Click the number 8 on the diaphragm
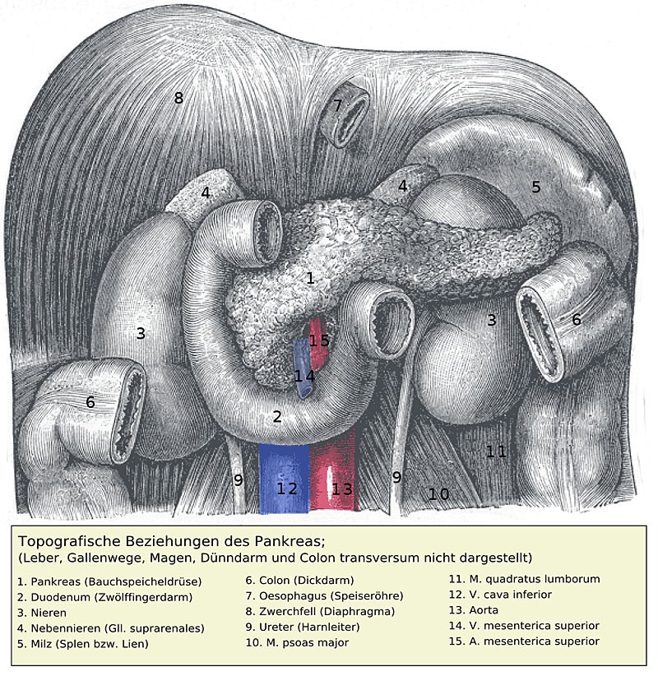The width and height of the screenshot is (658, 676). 178,98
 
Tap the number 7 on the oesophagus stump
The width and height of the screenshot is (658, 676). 337,105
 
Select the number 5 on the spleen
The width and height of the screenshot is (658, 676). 536,187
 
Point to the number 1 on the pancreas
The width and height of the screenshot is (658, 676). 310,278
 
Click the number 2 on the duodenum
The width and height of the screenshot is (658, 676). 277,416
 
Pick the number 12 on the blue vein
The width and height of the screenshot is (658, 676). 287,488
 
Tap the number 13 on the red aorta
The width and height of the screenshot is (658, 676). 342,488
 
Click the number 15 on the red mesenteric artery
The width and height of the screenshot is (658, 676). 319,340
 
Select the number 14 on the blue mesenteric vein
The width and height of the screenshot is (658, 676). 304,376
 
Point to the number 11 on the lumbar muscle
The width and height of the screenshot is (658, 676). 496,451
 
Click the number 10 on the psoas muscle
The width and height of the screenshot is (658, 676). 439,494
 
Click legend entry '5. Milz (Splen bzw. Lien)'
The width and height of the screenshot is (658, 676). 83,644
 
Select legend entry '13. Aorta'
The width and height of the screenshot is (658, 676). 474,610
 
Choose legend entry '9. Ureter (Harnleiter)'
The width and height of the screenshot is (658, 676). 303,627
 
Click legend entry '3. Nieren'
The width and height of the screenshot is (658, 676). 42,613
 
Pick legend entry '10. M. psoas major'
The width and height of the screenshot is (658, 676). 297,642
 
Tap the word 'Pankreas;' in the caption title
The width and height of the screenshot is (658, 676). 290,540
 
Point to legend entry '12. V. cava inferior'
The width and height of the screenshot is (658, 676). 500,595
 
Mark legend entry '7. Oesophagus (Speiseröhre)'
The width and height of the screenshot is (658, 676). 324,595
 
